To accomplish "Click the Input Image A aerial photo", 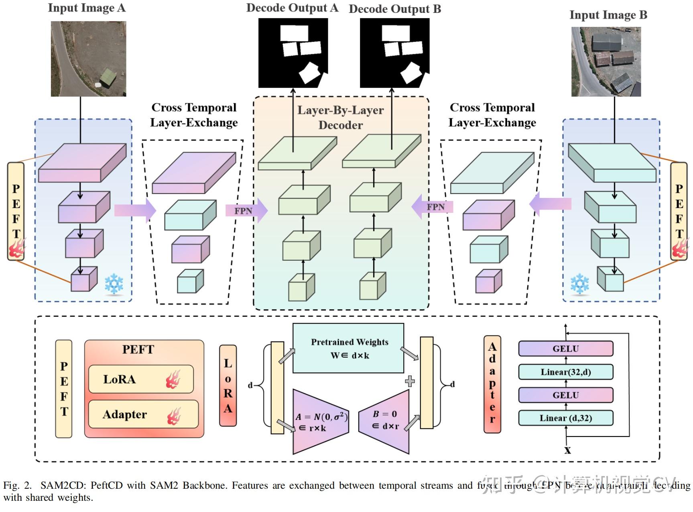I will [x=88, y=59].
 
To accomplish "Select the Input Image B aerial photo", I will [x=606, y=62].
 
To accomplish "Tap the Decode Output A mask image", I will [x=293, y=53].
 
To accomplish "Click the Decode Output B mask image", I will [x=394, y=53].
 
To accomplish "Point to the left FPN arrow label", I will [x=243, y=211].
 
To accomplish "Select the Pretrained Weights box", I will [x=348, y=348].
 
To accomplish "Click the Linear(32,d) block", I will [x=565, y=372].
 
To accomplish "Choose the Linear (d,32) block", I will [x=565, y=418].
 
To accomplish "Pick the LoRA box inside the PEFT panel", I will [x=141, y=379].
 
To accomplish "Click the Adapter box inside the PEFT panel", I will [x=143, y=414].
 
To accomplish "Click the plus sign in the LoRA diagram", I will [x=410, y=381].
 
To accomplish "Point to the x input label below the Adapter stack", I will [x=567, y=450].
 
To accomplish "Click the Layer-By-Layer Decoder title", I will [x=340, y=117].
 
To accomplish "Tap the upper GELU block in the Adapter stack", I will [x=565, y=349].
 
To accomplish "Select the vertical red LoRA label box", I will [x=228, y=386].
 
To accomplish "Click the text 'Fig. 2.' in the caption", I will [x=17, y=485].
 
